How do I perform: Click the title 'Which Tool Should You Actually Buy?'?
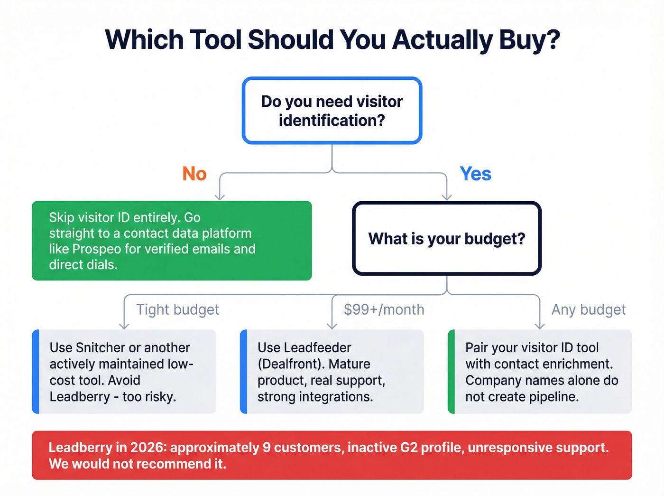332,40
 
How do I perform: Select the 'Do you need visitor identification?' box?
332,111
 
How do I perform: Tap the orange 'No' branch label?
194,174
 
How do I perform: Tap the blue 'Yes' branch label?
475,174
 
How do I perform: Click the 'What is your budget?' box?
447,238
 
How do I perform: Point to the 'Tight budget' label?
177,309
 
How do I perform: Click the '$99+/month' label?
384,309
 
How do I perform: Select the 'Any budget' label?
588,309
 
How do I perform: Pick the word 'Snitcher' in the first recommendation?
100,347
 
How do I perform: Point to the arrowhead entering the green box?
220,196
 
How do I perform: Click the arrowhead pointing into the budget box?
447,197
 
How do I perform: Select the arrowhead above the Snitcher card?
124,325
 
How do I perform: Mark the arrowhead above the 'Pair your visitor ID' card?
540,325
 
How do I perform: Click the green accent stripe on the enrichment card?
451,372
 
